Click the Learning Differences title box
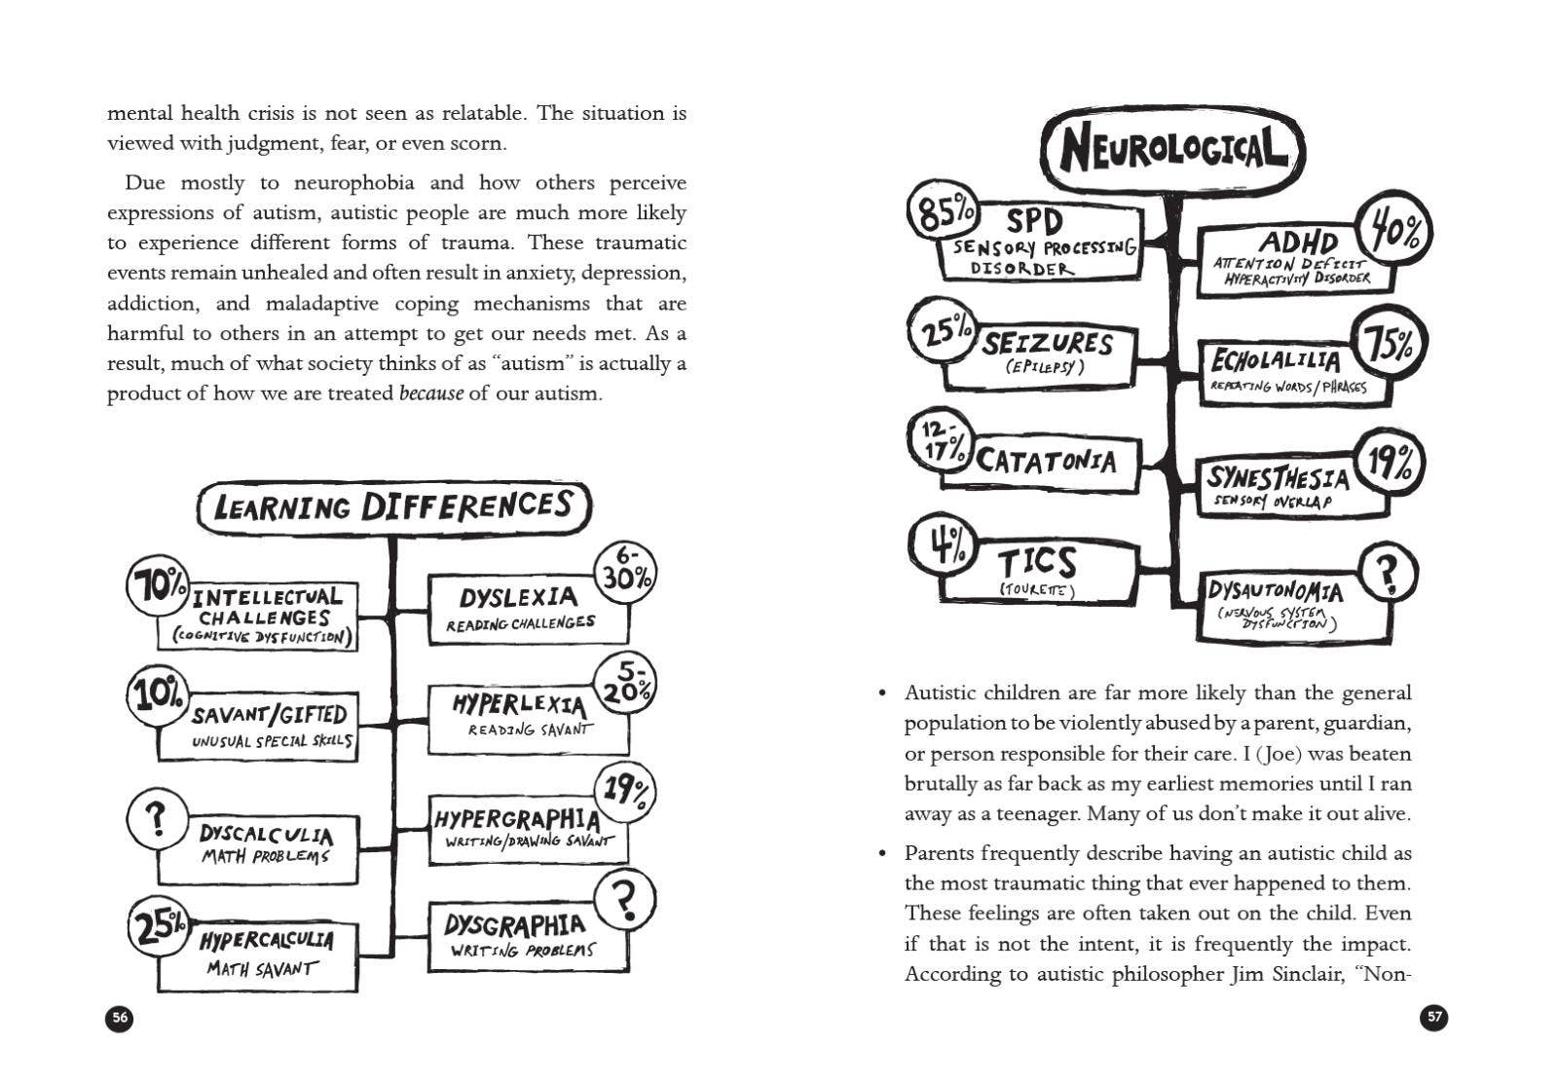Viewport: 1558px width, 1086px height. coord(393,507)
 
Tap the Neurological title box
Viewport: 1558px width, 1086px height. coord(1172,151)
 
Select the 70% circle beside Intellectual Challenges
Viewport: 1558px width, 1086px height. coord(157,585)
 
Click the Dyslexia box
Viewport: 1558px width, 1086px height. coord(527,610)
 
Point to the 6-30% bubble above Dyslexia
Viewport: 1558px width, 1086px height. coord(625,572)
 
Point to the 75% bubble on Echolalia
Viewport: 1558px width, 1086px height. coord(1391,345)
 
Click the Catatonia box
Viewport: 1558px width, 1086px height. coord(1042,461)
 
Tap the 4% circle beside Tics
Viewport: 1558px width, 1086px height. coord(941,544)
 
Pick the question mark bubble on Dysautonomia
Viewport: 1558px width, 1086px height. coord(1387,575)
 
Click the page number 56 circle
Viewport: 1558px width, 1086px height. coord(119,1018)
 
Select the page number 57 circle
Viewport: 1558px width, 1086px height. coord(1434,1018)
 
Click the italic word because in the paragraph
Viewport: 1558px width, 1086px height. coord(430,394)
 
